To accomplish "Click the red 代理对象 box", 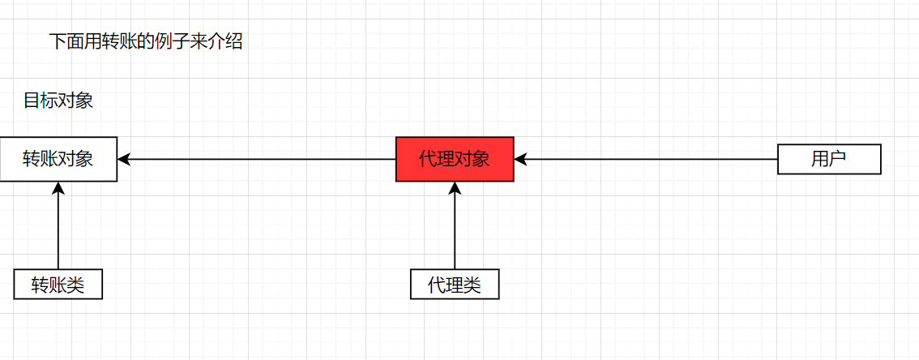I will [454, 159].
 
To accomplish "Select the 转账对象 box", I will [58, 159].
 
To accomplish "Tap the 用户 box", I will [828, 159].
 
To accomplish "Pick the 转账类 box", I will [58, 285].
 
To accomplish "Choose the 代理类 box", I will [454, 285].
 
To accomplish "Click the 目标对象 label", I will [58, 101].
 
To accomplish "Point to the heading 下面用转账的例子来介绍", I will [146, 42].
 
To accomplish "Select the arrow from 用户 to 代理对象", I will [648, 159].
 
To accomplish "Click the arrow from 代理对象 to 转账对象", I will [259, 159].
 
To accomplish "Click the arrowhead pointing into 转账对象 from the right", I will [124, 159].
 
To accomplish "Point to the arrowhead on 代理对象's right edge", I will [521, 159].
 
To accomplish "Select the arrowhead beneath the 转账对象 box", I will [58, 188].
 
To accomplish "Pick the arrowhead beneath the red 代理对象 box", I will [454, 188].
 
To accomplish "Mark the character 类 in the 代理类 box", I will [472, 285].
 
